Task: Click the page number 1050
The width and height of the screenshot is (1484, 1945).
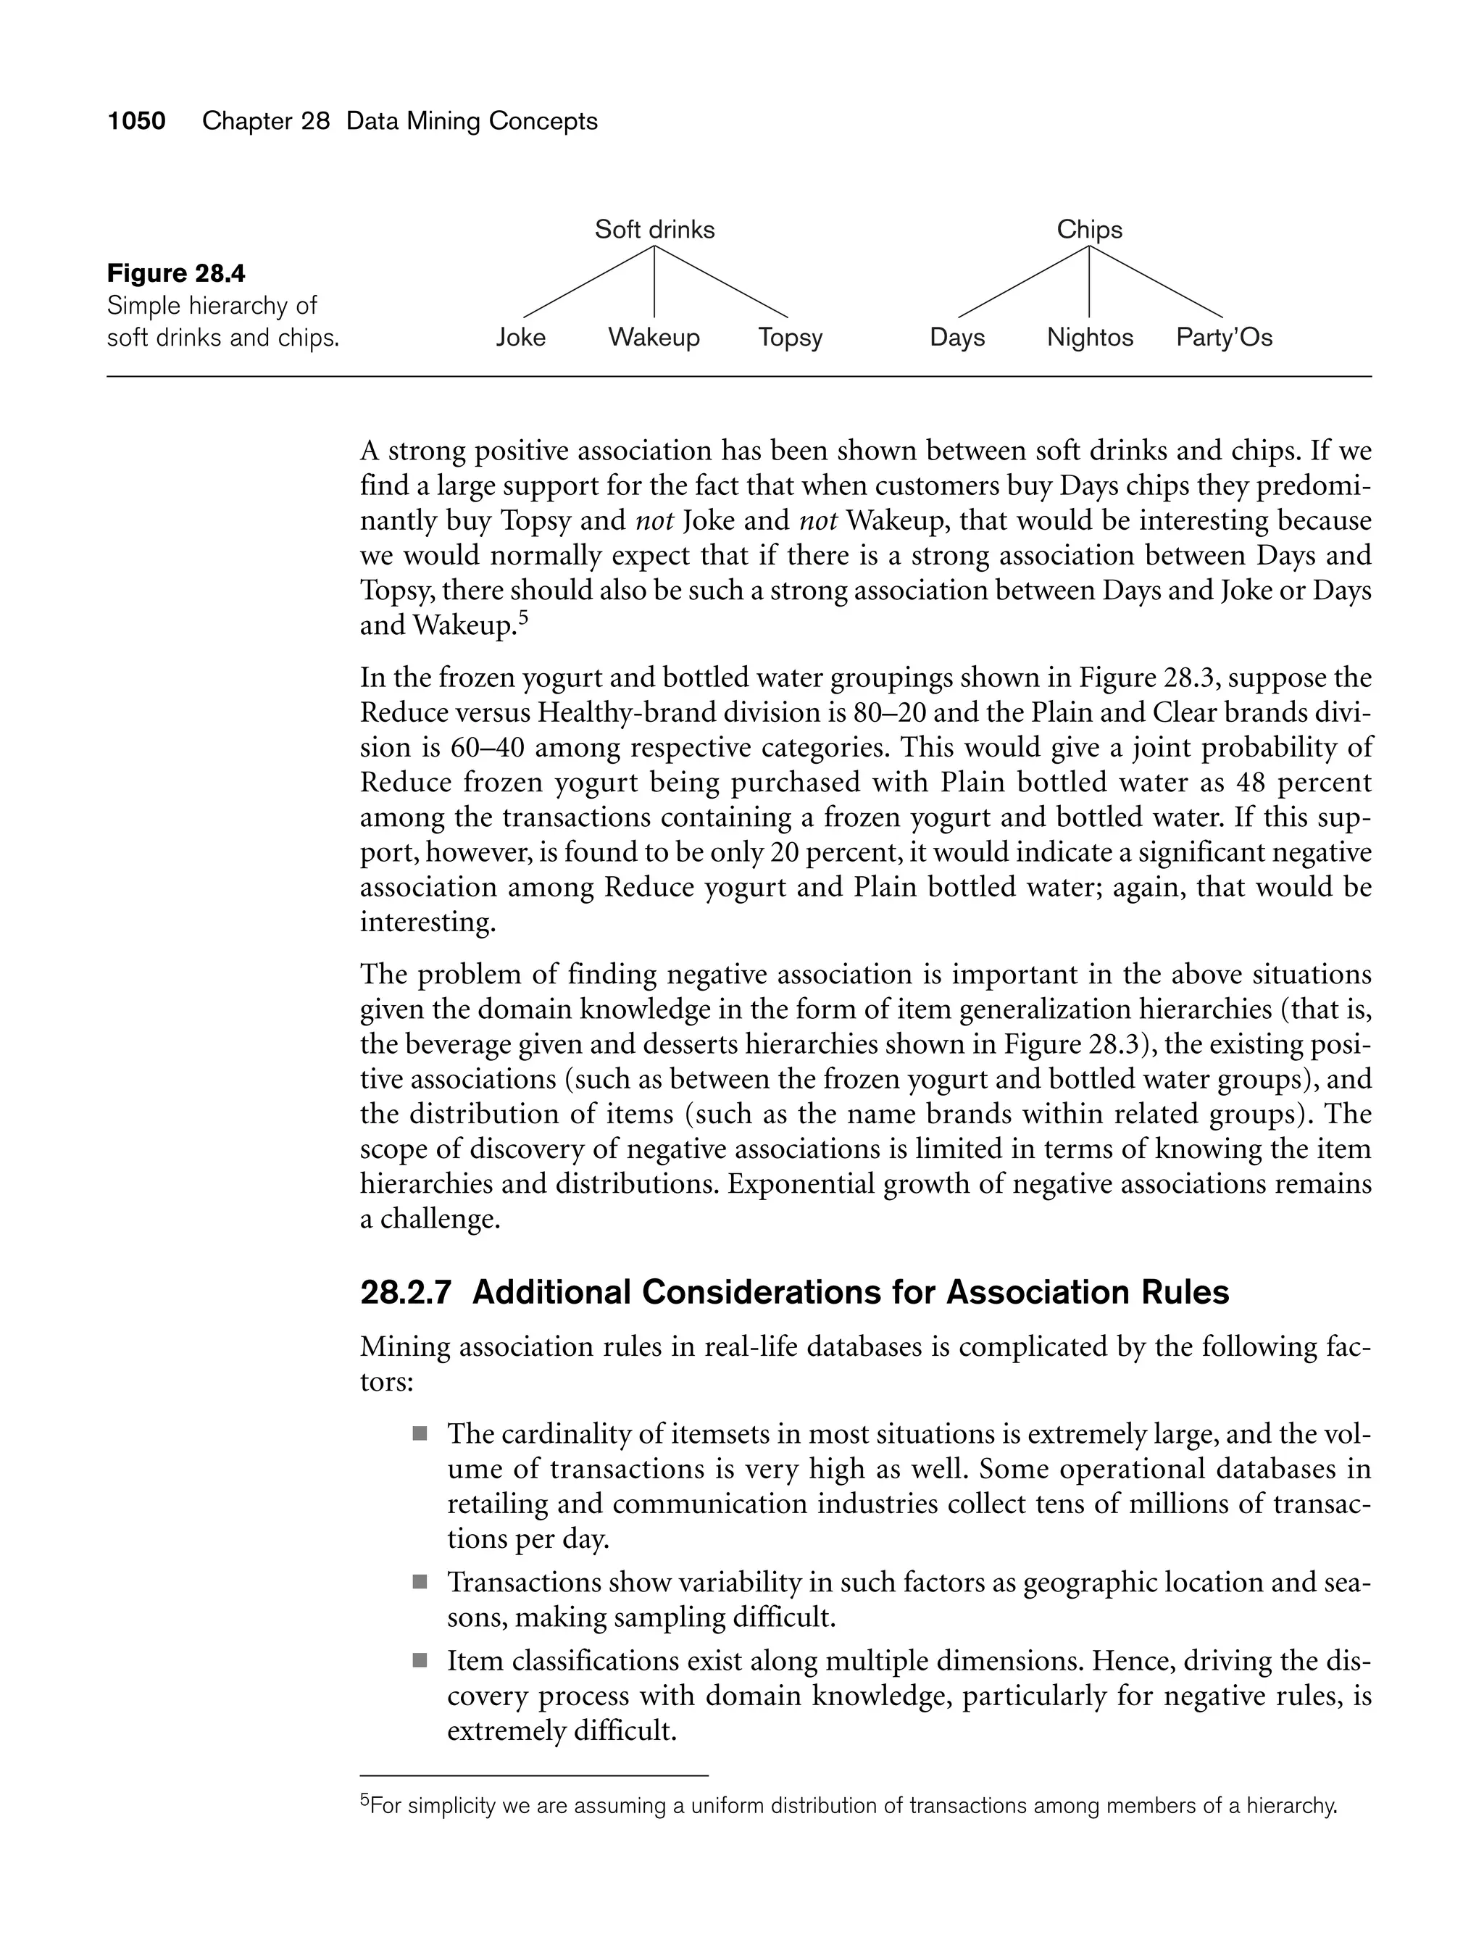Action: tap(136, 121)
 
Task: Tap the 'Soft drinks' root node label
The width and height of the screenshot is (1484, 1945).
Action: tap(654, 230)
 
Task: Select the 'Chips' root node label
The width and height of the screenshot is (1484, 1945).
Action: tap(1089, 230)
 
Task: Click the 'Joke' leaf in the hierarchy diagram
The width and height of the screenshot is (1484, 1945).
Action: tap(520, 338)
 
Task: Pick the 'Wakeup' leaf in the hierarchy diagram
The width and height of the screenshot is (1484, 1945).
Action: tap(654, 338)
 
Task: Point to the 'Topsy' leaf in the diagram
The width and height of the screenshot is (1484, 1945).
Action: tap(790, 338)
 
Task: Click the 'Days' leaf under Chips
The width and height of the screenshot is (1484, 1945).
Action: tap(956, 338)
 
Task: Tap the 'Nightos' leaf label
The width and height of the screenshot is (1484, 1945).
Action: tap(1089, 338)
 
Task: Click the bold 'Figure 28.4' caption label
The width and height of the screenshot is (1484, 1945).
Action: tap(176, 274)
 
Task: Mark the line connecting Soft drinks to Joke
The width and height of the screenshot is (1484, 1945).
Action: tap(588, 282)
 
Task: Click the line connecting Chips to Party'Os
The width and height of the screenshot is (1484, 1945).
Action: tap(1156, 282)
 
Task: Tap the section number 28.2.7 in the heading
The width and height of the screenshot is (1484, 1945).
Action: tap(406, 1292)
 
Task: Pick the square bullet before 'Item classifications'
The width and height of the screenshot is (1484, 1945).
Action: tap(420, 1661)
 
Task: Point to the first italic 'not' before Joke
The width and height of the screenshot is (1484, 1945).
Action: tap(654, 521)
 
